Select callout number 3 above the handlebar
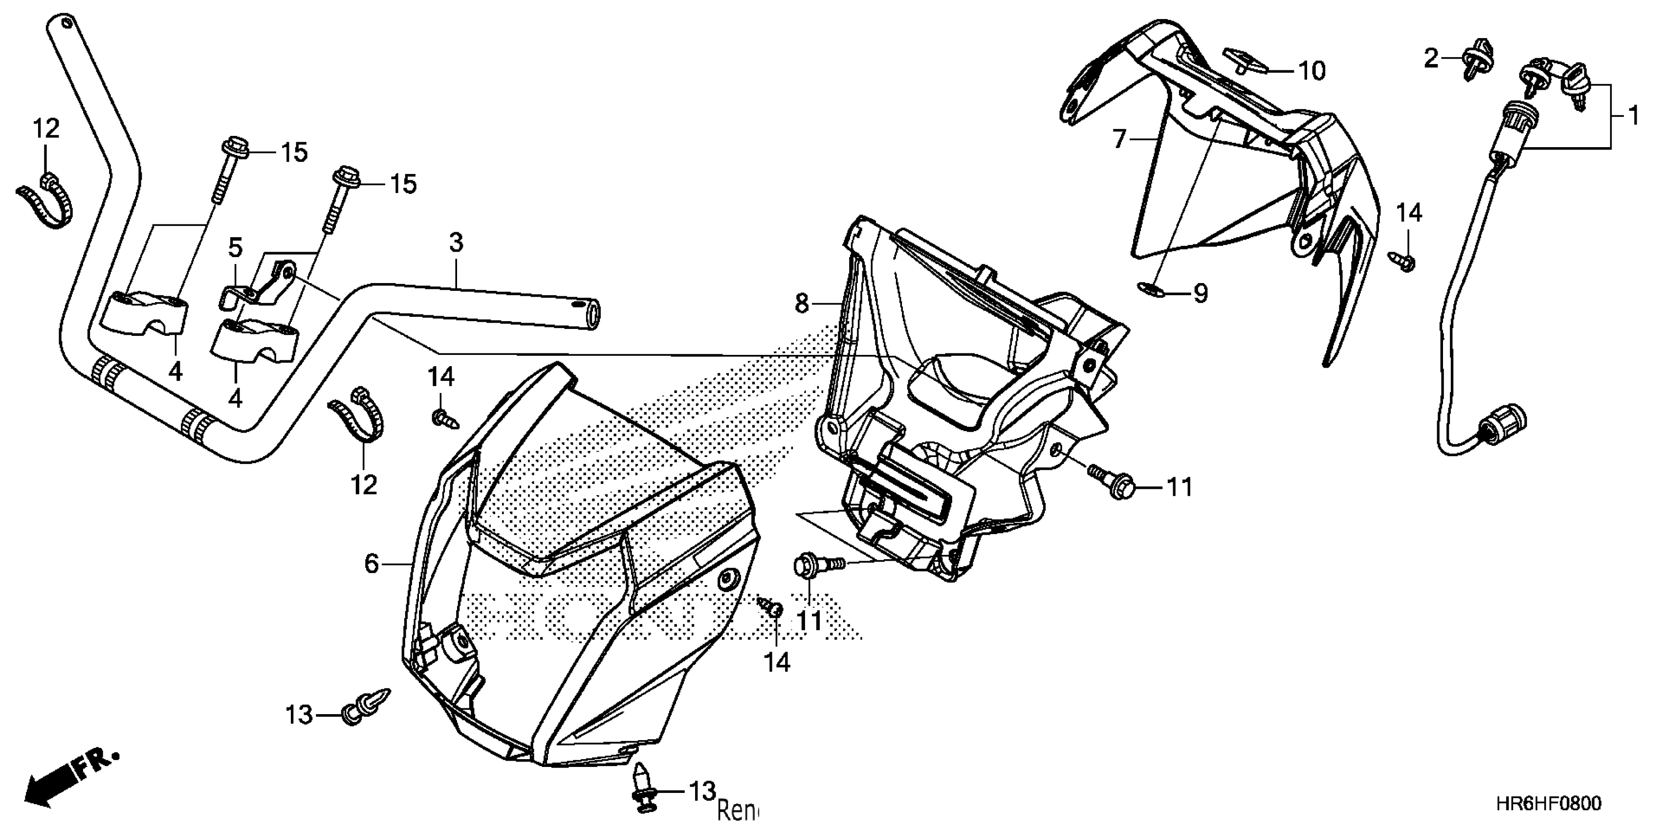[x=456, y=243]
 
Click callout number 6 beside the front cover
[x=372, y=563]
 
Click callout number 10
[x=1311, y=71]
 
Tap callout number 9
[x=1200, y=294]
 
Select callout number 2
[x=1431, y=59]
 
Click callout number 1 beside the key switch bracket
[x=1633, y=117]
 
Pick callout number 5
[x=236, y=247]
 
